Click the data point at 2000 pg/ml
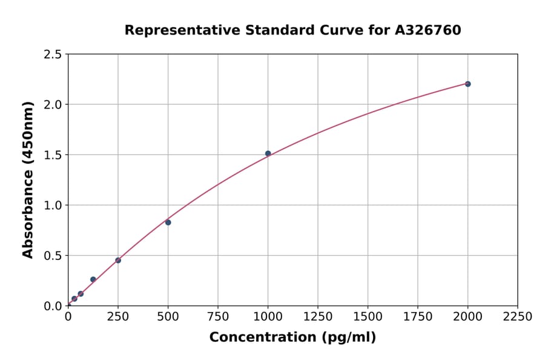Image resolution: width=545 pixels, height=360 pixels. [467, 84]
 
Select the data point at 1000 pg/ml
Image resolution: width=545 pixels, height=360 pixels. [268, 153]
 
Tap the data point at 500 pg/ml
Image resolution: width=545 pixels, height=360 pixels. [168, 222]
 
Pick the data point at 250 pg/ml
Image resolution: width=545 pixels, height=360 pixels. [118, 261]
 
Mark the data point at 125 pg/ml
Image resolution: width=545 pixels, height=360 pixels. [93, 279]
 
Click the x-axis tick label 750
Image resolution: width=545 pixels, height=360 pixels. [218, 317]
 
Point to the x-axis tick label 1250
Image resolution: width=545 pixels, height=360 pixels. [318, 317]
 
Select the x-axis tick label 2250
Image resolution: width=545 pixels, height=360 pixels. [517, 317]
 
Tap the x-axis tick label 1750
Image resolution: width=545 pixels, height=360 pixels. [417, 317]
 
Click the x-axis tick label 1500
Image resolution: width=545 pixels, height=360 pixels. [368, 317]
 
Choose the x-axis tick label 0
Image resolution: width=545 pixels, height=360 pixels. [68, 317]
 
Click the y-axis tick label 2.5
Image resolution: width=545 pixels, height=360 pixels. [53, 55]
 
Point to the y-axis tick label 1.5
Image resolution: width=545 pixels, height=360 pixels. [53, 155]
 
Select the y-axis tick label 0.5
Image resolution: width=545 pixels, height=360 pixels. [53, 256]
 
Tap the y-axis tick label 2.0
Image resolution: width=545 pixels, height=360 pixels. [53, 105]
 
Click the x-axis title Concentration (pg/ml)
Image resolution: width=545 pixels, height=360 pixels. [292, 338]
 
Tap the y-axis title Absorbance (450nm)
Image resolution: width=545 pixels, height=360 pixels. [28, 180]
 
